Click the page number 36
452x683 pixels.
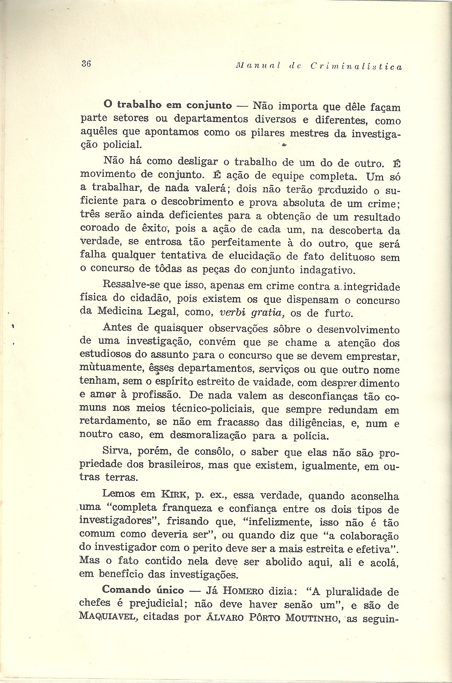pos(86,63)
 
